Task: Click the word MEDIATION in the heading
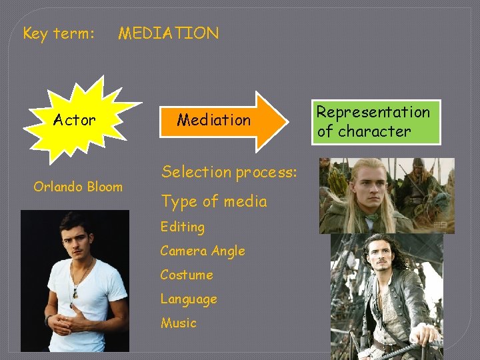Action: pos(168,33)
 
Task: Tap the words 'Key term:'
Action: pos(59,33)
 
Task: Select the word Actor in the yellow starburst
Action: pos(75,120)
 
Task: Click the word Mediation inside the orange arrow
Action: pos(213,120)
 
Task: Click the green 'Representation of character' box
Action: pos(377,121)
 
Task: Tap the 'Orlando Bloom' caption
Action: pos(78,187)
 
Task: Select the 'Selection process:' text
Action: pos(229,172)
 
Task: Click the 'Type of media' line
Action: pos(213,201)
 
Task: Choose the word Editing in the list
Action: pos(182,227)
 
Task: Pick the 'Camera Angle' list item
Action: pos(202,251)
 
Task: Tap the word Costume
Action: pos(186,275)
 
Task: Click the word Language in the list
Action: pos(188,299)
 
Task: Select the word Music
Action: pos(178,323)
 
